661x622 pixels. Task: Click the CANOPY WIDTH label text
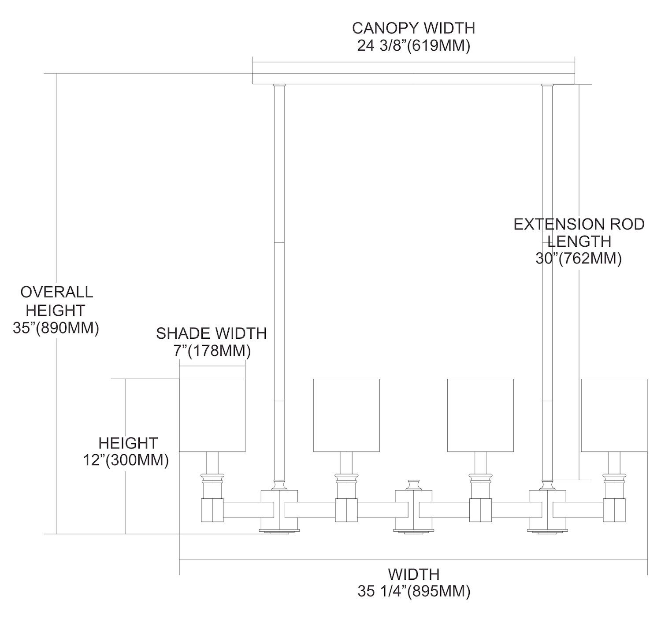click(x=413, y=28)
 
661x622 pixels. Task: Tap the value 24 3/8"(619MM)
click(x=413, y=45)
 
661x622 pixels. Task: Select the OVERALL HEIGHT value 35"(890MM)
click(x=56, y=329)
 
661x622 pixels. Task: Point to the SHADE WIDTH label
click(x=212, y=333)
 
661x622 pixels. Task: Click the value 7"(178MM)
click(x=212, y=351)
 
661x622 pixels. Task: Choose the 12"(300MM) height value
click(x=126, y=460)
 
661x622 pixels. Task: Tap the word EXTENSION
click(x=553, y=224)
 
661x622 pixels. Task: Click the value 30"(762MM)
click(x=579, y=259)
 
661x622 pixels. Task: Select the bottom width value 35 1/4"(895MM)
click(x=414, y=591)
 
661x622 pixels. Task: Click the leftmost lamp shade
click(x=212, y=415)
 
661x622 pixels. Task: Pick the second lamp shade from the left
click(x=346, y=415)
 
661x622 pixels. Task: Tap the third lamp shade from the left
click(x=480, y=415)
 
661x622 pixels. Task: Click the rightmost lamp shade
click(x=614, y=415)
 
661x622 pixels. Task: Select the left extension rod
click(x=279, y=282)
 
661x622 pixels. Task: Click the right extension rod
click(x=547, y=282)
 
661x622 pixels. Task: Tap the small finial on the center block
click(x=413, y=485)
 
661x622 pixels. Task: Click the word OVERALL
click(x=57, y=292)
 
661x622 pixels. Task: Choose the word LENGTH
click(x=579, y=241)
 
